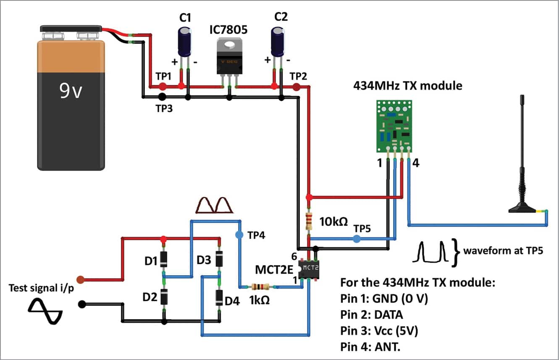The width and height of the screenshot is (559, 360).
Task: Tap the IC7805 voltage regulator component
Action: coord(229,57)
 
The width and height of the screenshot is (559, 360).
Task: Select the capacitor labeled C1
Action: coord(185,41)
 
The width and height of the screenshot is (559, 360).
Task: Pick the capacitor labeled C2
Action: coord(278,41)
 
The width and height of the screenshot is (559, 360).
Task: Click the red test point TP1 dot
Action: coord(162,87)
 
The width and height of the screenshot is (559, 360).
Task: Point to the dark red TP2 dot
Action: coord(296,87)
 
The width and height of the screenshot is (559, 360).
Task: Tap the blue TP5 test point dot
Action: coord(356,239)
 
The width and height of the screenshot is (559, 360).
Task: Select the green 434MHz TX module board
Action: coord(394,126)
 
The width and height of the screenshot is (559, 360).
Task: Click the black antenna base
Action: coord(522,207)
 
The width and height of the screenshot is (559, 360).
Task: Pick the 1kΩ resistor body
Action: coord(260,287)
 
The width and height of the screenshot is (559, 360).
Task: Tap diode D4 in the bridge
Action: coord(219,297)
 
